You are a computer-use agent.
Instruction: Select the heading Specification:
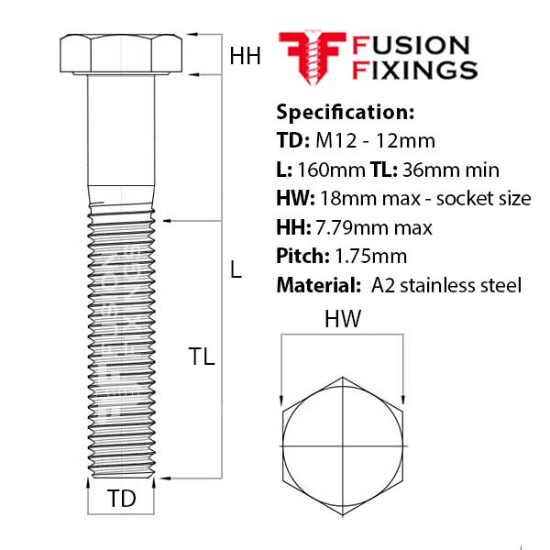click(345, 113)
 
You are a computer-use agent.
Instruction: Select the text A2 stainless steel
click(447, 285)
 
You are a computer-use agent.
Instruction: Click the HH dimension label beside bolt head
click(245, 57)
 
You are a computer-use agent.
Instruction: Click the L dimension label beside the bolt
click(236, 270)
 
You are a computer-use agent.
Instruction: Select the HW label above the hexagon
click(341, 320)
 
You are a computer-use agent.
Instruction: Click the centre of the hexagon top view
click(341, 445)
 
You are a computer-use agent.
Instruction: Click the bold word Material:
click(315, 285)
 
